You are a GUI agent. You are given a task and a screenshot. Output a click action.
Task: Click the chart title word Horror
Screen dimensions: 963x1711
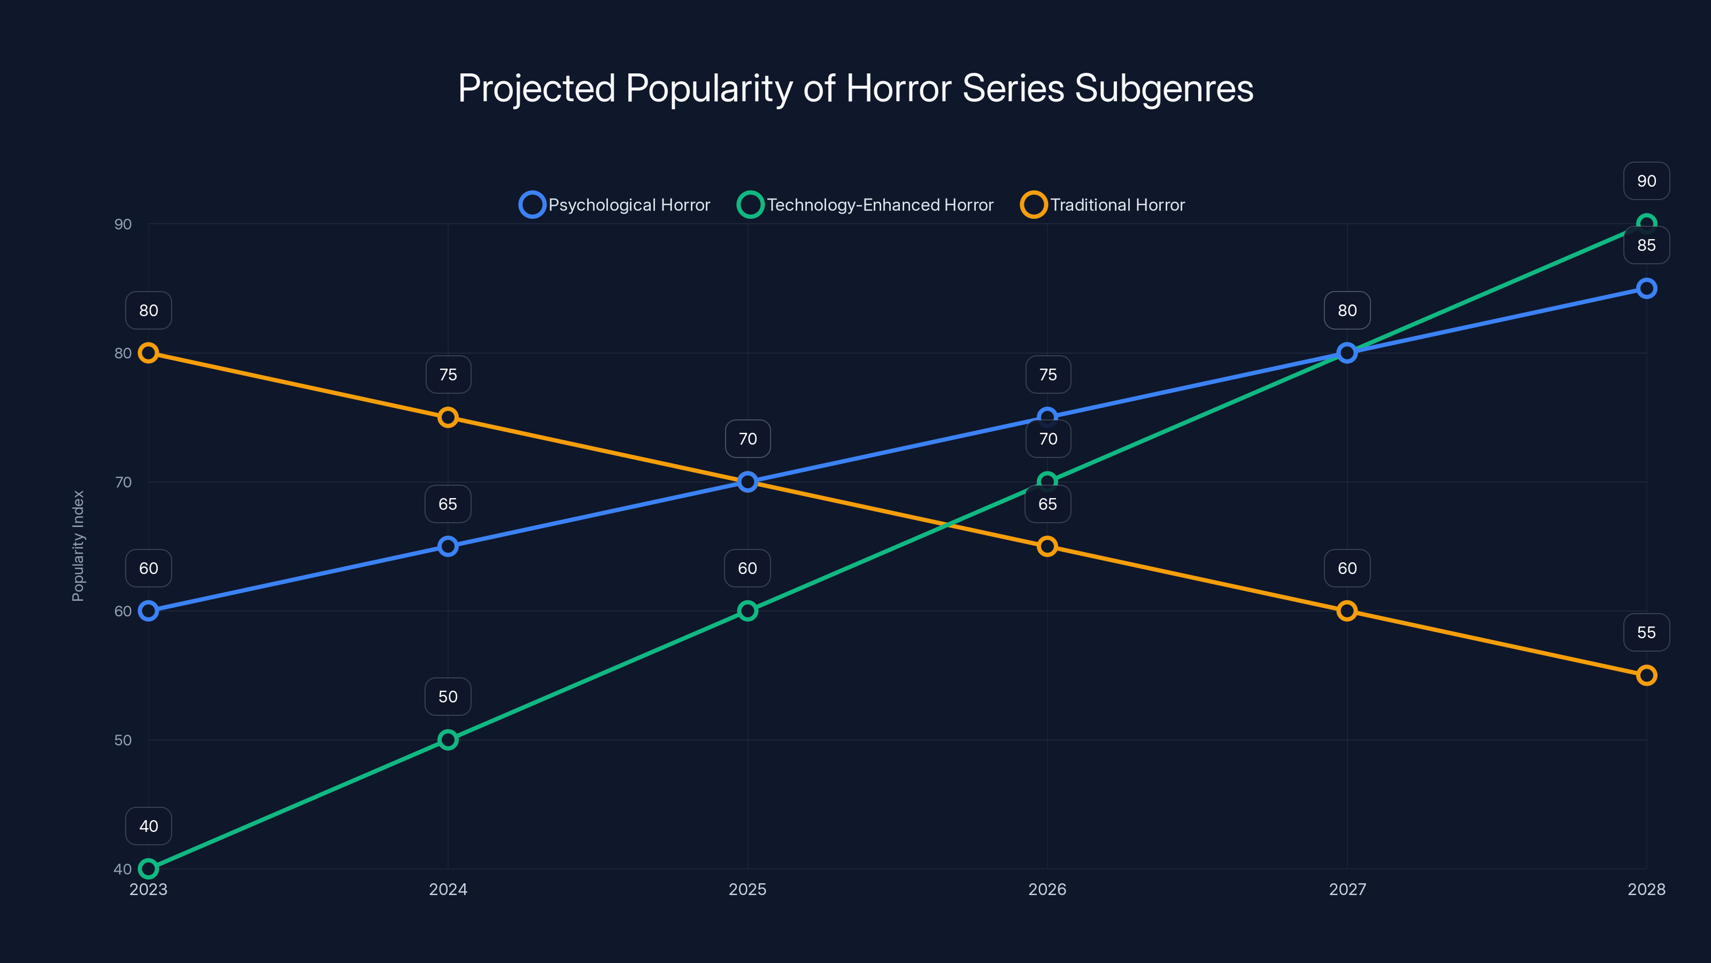pyautogui.click(x=899, y=88)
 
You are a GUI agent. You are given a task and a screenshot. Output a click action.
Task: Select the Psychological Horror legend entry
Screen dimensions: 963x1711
pyautogui.click(x=615, y=205)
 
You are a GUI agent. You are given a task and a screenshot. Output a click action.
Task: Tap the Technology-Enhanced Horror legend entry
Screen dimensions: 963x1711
pyautogui.click(x=866, y=205)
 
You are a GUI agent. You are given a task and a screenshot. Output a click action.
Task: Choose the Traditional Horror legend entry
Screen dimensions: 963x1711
pyautogui.click(x=1103, y=205)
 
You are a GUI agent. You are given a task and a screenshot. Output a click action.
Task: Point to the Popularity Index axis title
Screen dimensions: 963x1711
pyautogui.click(x=79, y=546)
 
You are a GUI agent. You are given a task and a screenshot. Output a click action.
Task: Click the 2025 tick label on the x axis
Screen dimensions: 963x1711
pyautogui.click(x=747, y=889)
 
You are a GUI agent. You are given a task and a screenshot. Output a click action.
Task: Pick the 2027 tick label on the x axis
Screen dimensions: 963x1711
pyautogui.click(x=1347, y=889)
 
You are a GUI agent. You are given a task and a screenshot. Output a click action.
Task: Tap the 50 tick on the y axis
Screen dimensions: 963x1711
pyautogui.click(x=123, y=740)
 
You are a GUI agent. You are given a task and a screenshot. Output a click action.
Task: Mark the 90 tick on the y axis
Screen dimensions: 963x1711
pyautogui.click(x=123, y=224)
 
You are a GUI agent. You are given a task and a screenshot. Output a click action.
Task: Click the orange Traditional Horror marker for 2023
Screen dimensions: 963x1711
pyautogui.click(x=148, y=353)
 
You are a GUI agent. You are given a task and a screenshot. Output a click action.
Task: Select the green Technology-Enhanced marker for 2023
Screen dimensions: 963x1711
pyautogui.click(x=148, y=869)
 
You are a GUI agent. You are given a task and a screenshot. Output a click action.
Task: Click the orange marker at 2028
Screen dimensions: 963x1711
pyautogui.click(x=1647, y=675)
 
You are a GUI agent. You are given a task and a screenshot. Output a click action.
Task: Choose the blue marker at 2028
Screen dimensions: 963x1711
pyautogui.click(x=1647, y=288)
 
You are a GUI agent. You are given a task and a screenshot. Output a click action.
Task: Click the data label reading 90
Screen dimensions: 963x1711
pyautogui.click(x=1647, y=181)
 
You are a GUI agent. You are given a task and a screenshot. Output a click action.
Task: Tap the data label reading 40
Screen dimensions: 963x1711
pyautogui.click(x=148, y=826)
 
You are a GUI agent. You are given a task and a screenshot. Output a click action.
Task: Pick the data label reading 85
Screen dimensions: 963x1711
pyautogui.click(x=1647, y=245)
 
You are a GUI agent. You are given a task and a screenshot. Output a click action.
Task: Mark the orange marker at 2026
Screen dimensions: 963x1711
pyautogui.click(x=1047, y=546)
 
